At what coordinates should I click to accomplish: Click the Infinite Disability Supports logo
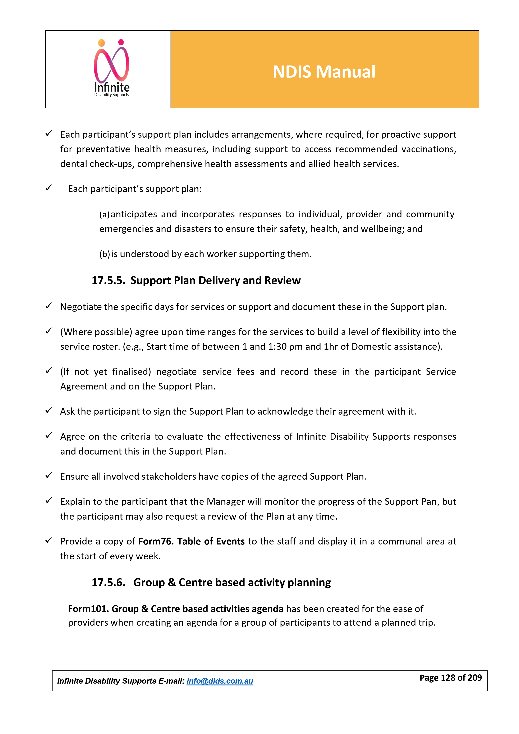[111, 68]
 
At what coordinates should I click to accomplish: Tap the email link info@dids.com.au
[220, 681]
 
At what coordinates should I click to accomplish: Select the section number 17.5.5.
[108, 280]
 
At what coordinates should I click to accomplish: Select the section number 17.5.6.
[108, 583]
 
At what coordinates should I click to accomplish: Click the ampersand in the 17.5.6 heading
[172, 583]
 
